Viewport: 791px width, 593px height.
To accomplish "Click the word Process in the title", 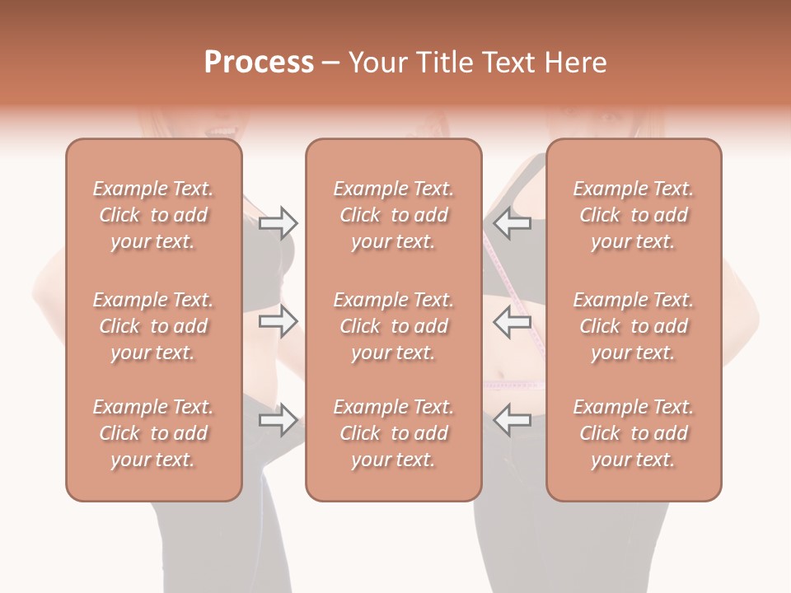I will (x=259, y=63).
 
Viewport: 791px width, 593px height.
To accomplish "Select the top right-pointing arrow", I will (x=278, y=223).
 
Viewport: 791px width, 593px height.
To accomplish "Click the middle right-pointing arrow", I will (x=278, y=321).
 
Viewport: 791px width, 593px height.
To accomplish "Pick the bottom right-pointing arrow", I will (x=278, y=420).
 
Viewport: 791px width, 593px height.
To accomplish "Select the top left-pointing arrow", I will (x=513, y=223).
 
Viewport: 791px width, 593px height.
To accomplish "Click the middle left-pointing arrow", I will (x=513, y=321).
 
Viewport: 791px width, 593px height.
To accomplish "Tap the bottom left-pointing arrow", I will (x=513, y=420).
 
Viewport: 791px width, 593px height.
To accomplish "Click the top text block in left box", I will (x=153, y=215).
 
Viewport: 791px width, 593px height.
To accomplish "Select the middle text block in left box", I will (x=153, y=326).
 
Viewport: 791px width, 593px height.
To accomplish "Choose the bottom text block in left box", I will (x=153, y=433).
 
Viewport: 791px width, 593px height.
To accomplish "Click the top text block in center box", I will (x=393, y=215).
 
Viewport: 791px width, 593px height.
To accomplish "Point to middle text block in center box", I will (x=393, y=326).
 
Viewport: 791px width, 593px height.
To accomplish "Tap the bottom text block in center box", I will (x=393, y=433).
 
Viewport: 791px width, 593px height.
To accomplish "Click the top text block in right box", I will (x=633, y=215).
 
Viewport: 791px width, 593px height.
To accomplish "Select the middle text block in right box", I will (x=633, y=326).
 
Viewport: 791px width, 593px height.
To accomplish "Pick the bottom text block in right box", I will (x=633, y=433).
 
